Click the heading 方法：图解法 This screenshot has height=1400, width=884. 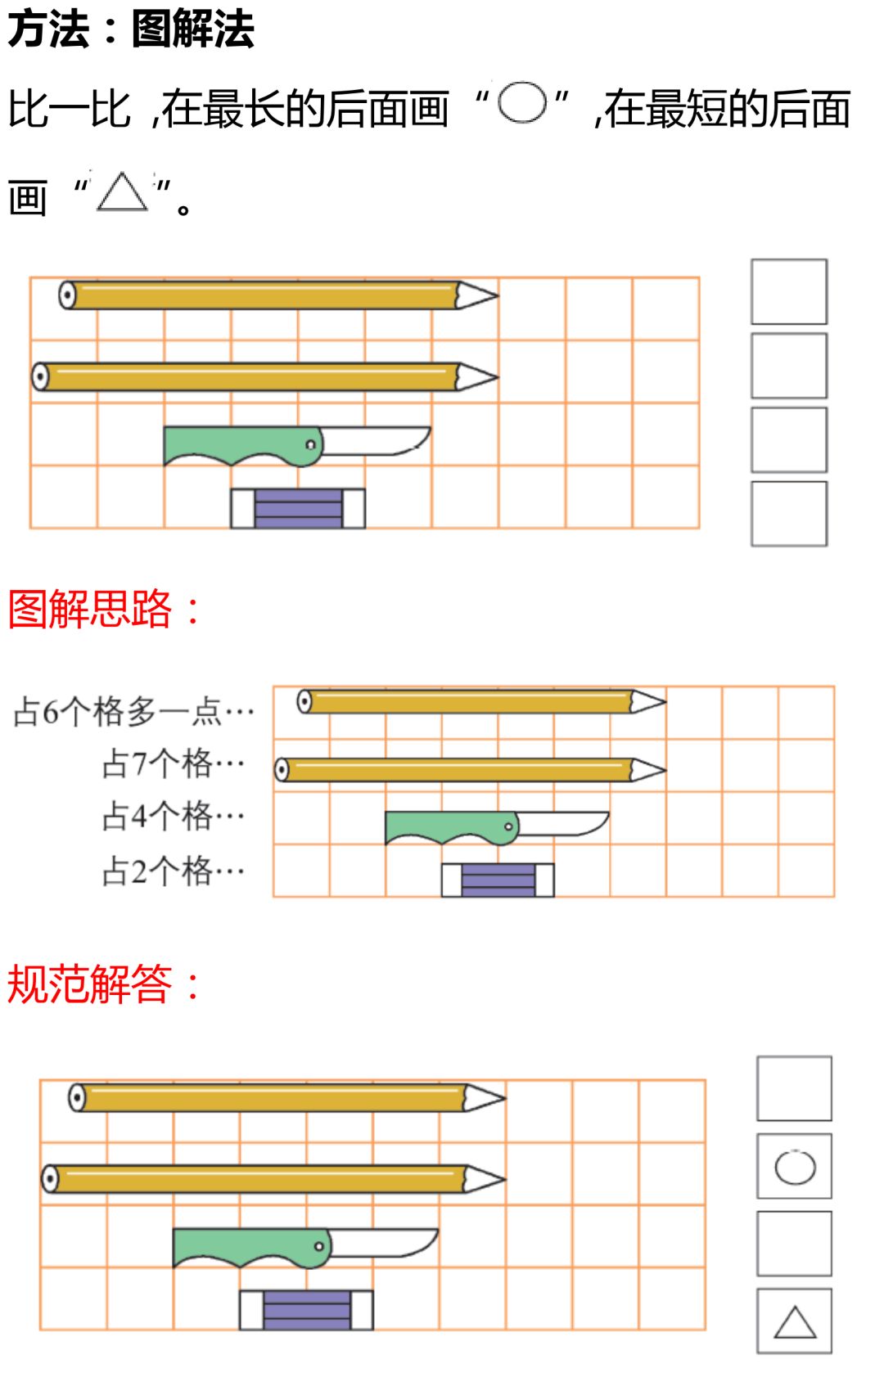pyautogui.click(x=131, y=29)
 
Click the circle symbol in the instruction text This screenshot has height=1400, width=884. pyautogui.click(x=522, y=104)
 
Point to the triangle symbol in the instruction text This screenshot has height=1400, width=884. pyautogui.click(x=122, y=193)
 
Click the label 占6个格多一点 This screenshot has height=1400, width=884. pyautogui.click(x=133, y=712)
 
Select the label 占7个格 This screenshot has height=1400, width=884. pyautogui.click(x=173, y=764)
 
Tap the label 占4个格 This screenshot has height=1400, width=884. pyautogui.click(x=173, y=817)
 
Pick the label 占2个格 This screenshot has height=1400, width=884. pyautogui.click(x=173, y=871)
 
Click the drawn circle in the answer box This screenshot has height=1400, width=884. pyautogui.click(x=795, y=1167)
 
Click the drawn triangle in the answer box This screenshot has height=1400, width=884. pyautogui.click(x=795, y=1323)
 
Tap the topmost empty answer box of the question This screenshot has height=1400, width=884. pyautogui.click(x=789, y=292)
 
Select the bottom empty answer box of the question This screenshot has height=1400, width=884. pyautogui.click(x=789, y=514)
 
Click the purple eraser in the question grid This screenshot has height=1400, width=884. pyautogui.click(x=298, y=509)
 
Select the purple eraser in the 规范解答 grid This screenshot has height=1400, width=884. pyautogui.click(x=306, y=1310)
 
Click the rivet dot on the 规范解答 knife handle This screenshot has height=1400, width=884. pyautogui.click(x=319, y=1246)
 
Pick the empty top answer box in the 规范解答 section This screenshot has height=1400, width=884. pyautogui.click(x=794, y=1088)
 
